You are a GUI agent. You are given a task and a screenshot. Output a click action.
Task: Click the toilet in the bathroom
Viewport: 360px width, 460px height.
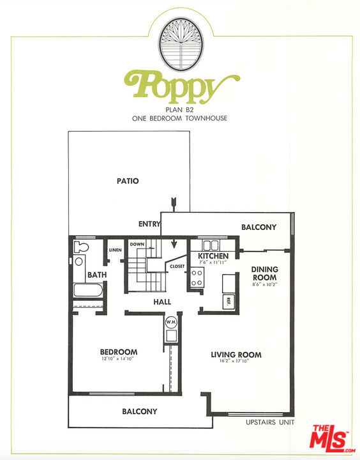(81, 247)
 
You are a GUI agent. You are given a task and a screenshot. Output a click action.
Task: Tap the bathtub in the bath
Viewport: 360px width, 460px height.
(88, 290)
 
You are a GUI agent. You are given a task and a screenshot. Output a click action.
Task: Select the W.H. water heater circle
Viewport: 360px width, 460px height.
(171, 322)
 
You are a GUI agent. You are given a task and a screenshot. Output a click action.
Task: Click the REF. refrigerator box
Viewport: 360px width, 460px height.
(229, 301)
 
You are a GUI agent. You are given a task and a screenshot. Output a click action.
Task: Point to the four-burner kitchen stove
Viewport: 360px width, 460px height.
(197, 277)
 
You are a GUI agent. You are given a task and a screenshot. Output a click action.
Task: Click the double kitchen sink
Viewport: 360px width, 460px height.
(211, 245)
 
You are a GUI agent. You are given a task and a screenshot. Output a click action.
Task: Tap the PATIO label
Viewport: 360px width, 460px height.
(128, 181)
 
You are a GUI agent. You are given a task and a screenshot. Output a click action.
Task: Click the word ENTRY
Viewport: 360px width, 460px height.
(149, 224)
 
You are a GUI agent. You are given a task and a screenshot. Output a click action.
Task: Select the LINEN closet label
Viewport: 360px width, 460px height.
(115, 250)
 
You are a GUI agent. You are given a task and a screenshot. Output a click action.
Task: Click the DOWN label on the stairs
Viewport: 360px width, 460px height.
(137, 244)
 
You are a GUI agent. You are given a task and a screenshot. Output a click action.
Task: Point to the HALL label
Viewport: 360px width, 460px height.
(162, 302)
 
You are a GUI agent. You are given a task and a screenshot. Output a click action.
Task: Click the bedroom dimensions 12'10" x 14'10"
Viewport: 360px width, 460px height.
(117, 358)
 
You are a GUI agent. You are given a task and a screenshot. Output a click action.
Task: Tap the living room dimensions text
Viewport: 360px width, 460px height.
(234, 361)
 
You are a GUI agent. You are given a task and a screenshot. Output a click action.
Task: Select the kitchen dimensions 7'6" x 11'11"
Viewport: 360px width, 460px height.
(213, 263)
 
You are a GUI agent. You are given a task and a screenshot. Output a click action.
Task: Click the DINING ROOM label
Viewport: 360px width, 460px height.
(265, 273)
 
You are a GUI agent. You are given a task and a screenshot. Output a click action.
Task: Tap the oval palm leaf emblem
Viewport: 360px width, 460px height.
(181, 43)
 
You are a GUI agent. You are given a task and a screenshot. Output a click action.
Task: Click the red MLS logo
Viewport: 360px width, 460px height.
(331, 439)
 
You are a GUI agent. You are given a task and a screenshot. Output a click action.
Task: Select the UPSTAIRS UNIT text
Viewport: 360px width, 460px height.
(270, 422)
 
